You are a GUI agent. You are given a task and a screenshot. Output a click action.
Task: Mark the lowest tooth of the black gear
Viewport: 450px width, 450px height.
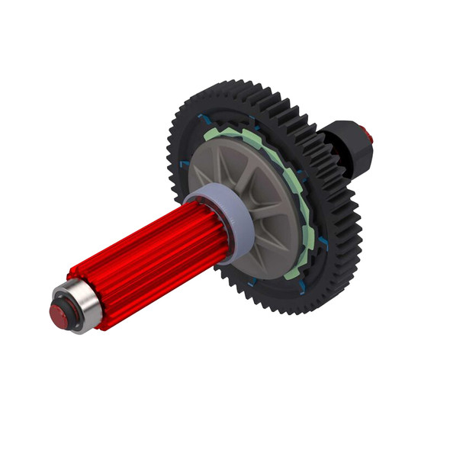pos(305,311)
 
